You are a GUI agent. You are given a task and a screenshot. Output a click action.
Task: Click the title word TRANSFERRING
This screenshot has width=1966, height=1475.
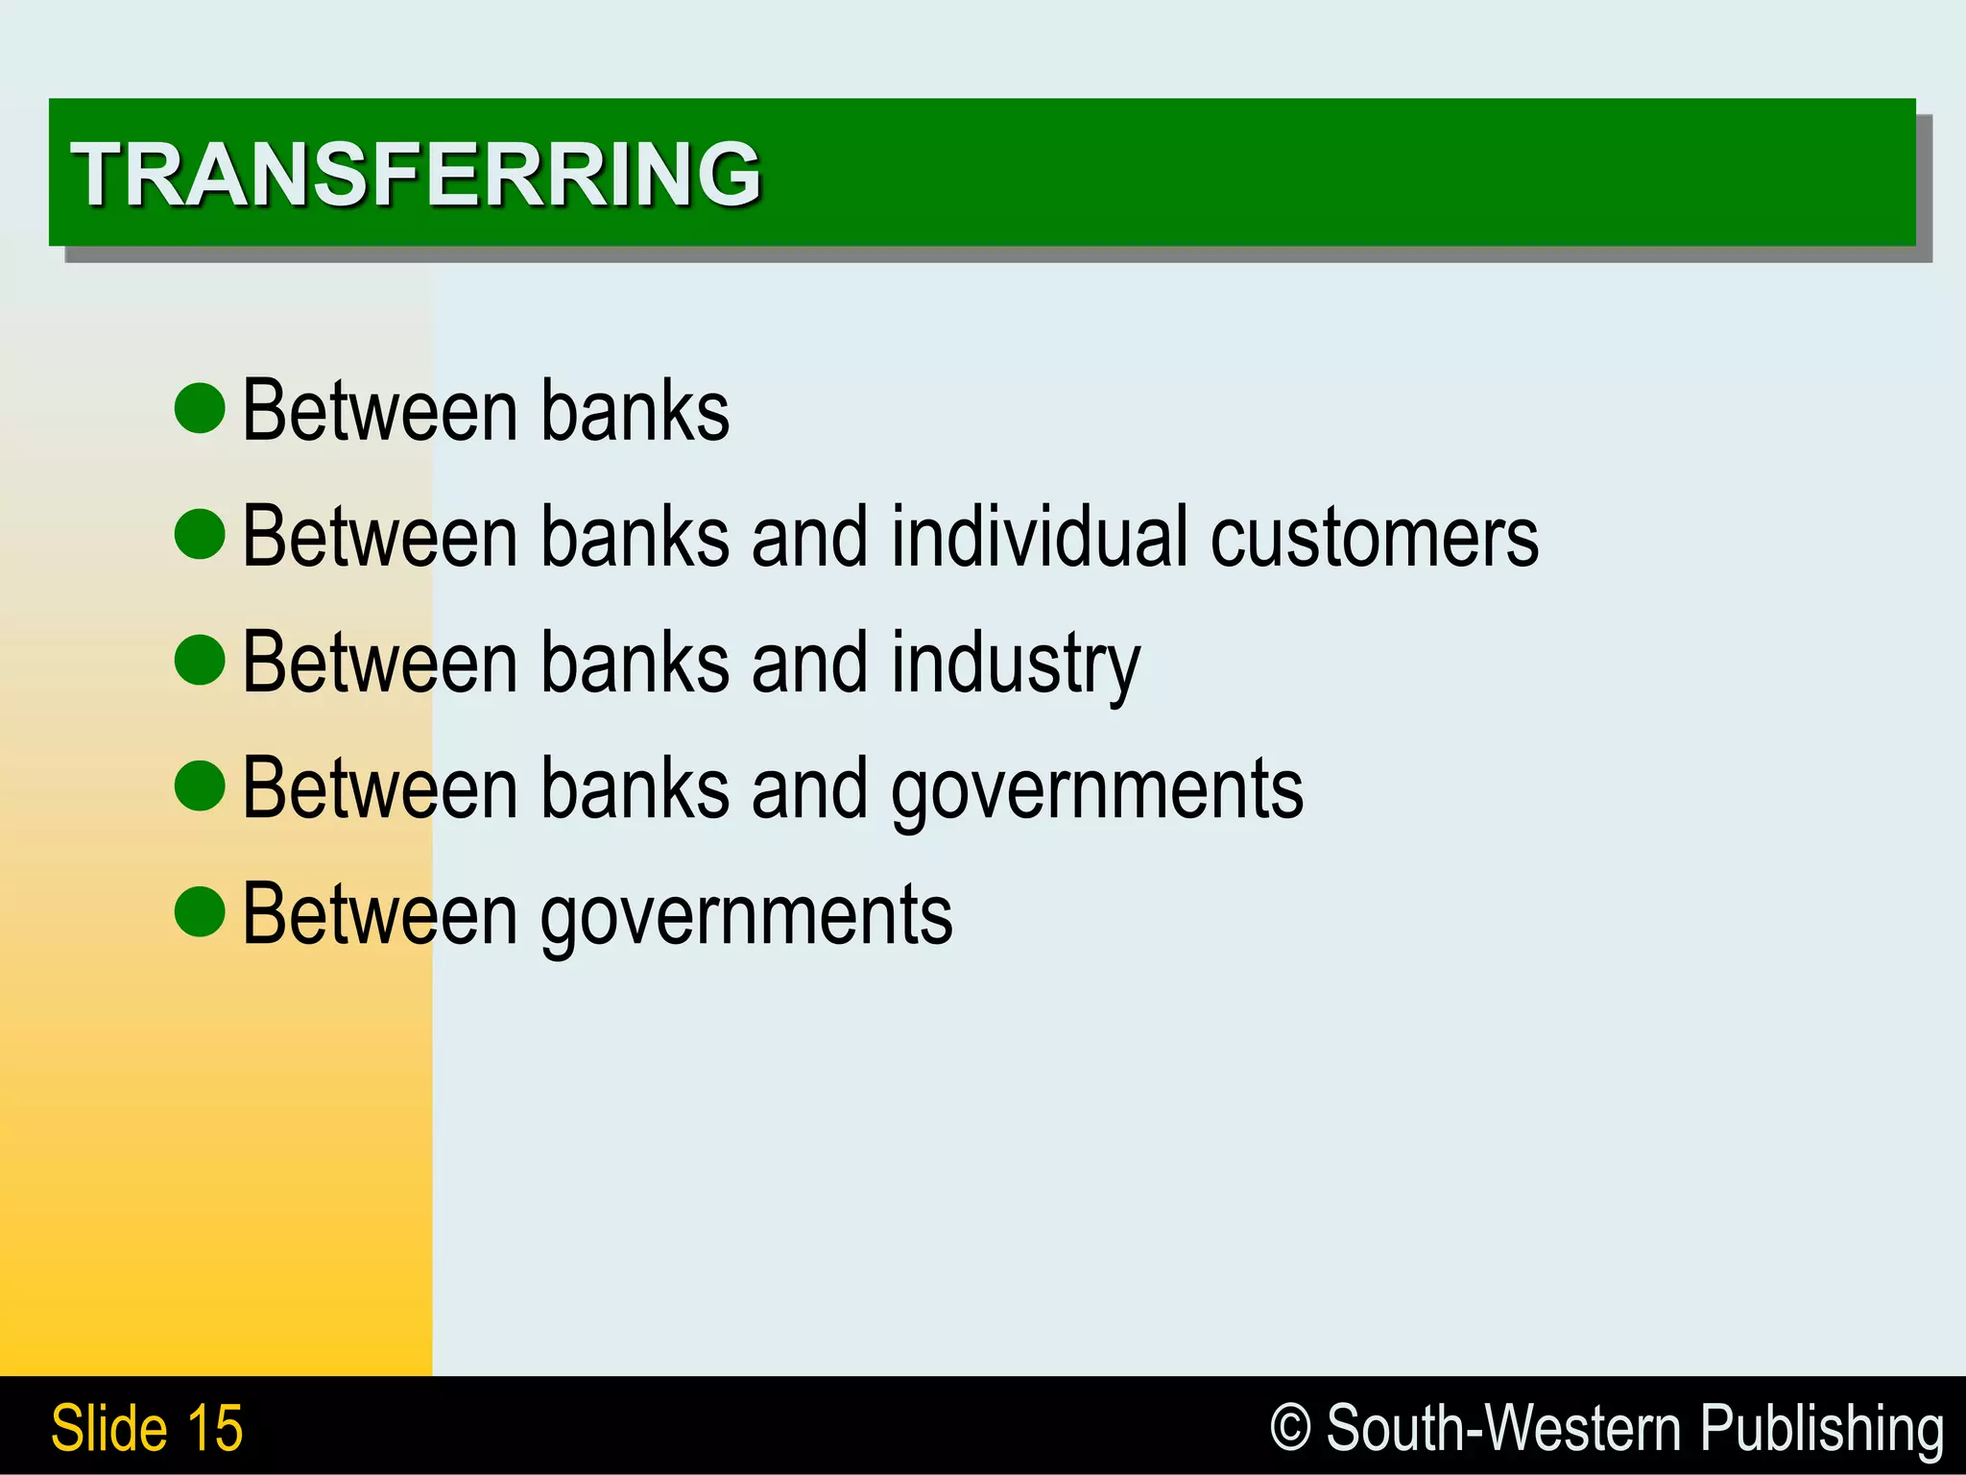point(415,174)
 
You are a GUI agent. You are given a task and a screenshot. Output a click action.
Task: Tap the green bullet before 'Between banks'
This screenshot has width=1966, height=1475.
point(200,408)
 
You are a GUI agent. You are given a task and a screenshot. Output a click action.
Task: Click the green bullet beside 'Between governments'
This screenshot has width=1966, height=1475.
point(200,911)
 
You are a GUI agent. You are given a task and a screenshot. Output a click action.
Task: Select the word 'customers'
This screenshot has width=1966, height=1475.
point(1374,537)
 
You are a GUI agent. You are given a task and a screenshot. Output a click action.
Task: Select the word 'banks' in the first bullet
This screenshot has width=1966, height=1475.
point(635,410)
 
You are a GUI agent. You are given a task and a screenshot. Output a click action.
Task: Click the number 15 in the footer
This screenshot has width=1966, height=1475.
point(215,1428)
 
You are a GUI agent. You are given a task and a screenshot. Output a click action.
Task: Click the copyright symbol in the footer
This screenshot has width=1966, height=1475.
point(1290,1427)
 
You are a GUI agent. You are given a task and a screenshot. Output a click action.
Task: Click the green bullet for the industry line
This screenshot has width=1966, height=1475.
point(200,660)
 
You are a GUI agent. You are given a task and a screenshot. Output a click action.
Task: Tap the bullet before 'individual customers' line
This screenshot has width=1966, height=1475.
point(200,534)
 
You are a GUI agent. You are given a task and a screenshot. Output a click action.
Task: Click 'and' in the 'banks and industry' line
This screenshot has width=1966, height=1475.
point(809,662)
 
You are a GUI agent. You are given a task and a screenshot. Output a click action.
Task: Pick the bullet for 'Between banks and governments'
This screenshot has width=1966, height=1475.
point(200,786)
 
